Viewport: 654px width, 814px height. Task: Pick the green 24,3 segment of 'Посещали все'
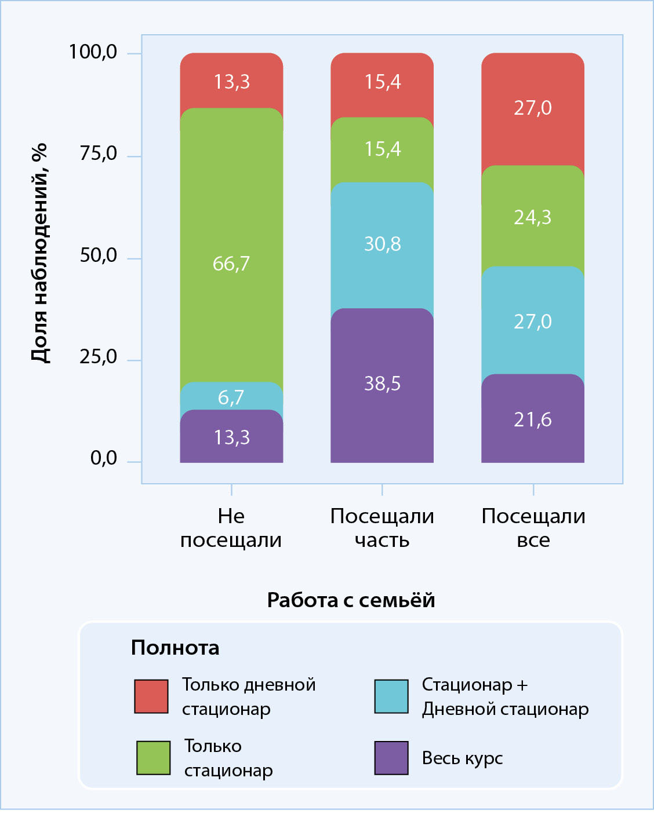[533, 217]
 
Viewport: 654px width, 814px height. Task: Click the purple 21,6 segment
[533, 418]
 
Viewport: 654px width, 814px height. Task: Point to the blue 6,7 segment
[231, 397]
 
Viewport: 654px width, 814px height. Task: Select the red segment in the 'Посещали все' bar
[533, 109]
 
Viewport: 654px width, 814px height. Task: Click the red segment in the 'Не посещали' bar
[231, 81]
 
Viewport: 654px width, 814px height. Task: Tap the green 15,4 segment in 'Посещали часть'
[382, 149]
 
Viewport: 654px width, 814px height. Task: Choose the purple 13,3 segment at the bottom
[231, 437]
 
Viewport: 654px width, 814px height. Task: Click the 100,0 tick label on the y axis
[93, 52]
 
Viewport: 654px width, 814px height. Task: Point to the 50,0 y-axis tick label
[98, 255]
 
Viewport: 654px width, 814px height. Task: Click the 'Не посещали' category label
[231, 528]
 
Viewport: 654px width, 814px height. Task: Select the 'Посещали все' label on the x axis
[533, 528]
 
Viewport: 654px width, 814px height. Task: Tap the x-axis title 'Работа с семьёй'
[351, 600]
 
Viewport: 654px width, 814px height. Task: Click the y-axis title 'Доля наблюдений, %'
[39, 254]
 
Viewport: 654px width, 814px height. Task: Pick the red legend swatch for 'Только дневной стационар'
[151, 696]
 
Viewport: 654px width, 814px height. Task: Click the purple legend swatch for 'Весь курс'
[391, 758]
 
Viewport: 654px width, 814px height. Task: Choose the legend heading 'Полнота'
[175, 647]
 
